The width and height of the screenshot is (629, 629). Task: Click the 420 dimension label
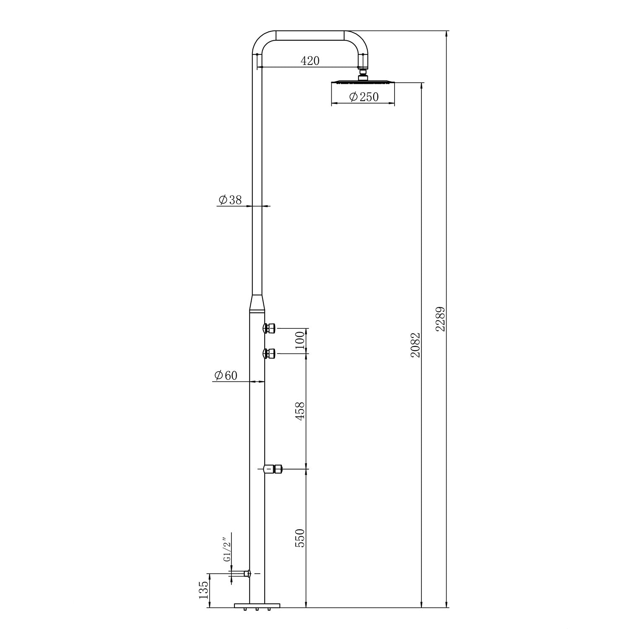[x=310, y=61]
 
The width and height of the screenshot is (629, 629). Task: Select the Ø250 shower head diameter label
[x=363, y=97]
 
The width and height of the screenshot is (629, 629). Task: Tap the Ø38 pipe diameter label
[x=230, y=200]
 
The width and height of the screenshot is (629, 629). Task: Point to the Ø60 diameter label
[x=226, y=375]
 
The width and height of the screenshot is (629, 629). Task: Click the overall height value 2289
[x=440, y=319]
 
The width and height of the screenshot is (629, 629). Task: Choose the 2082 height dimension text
[x=416, y=345]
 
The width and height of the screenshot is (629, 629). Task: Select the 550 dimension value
[x=299, y=538]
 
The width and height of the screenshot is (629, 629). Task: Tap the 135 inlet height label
[x=204, y=590]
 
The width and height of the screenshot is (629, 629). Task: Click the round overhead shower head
[x=363, y=81]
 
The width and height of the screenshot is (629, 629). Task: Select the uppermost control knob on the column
[x=269, y=328]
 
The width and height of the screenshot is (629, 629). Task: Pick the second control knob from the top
[x=269, y=353]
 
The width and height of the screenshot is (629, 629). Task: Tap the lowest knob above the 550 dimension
[x=273, y=469]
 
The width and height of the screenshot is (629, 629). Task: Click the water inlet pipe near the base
[x=240, y=573]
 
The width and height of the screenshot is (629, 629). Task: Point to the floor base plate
[x=257, y=605]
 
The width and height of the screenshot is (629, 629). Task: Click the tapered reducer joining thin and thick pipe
[x=257, y=303]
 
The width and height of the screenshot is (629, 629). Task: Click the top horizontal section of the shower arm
[x=310, y=35]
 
